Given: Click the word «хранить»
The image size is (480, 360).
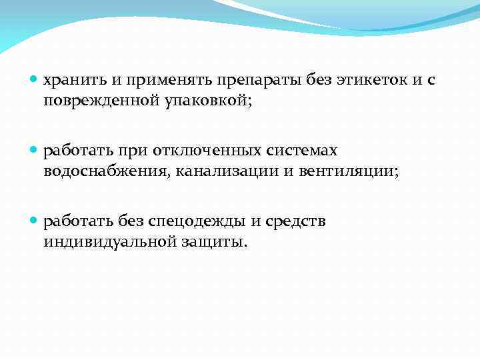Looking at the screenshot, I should pyautogui.click(x=74, y=81).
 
